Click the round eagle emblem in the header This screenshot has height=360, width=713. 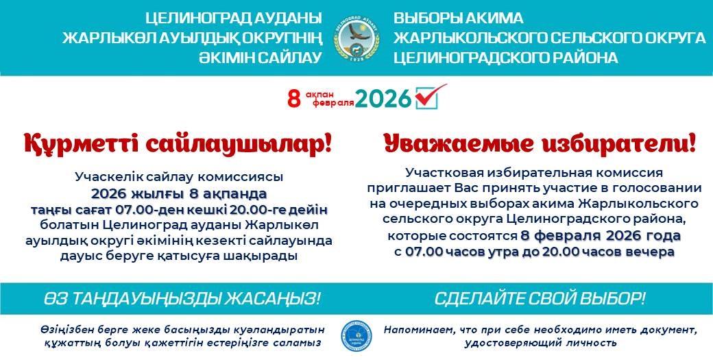tap(357, 38)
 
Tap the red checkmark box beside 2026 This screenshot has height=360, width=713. tap(427, 97)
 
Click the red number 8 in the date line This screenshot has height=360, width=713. tap(294, 98)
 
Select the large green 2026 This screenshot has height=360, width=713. tap(383, 98)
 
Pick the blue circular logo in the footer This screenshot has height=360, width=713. tap(356, 336)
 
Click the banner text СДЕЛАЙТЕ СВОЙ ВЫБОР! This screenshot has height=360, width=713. tap(540, 299)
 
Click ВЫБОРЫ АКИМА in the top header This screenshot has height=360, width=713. tap(459, 19)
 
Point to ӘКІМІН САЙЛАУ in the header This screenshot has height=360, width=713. tap(260, 58)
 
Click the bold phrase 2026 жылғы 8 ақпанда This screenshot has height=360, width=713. tap(179, 194)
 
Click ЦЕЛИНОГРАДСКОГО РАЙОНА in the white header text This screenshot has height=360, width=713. tap(506, 58)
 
